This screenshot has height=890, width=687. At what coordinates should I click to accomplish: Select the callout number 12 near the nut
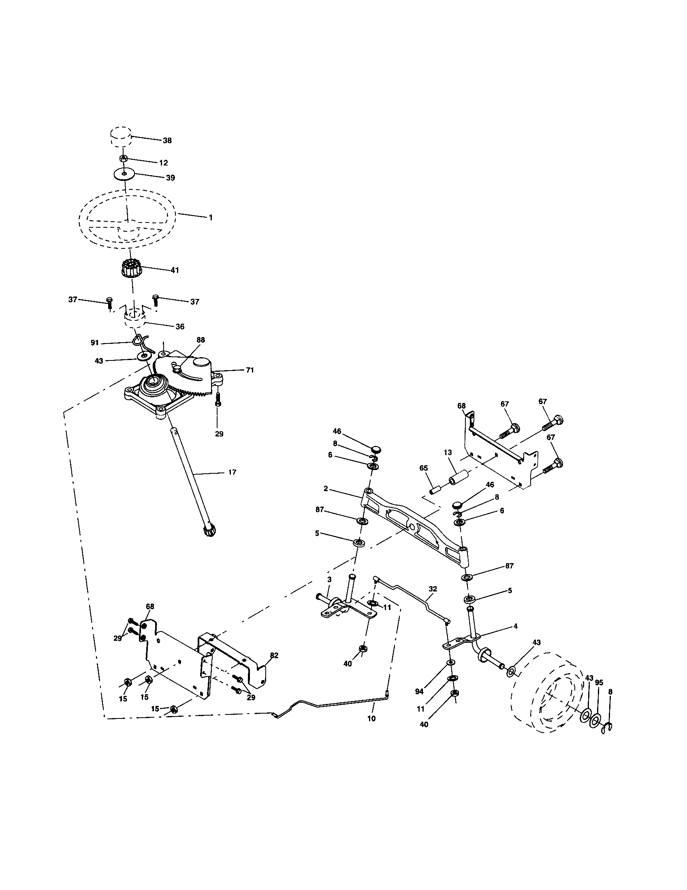(163, 163)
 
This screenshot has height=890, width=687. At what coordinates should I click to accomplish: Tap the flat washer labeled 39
(124, 174)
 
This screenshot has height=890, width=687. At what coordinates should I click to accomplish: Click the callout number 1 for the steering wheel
(211, 218)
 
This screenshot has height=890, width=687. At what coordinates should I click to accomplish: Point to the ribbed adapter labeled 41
(130, 269)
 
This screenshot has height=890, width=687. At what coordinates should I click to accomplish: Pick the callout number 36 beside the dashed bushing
(179, 326)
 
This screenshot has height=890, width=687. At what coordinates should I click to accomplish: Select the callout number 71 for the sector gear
(250, 370)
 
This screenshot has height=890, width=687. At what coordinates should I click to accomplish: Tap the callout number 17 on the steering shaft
(232, 473)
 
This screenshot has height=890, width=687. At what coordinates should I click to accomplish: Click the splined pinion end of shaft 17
(210, 531)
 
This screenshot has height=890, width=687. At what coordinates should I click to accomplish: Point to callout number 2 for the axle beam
(326, 488)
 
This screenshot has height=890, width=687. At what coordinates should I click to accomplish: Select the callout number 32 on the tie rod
(433, 589)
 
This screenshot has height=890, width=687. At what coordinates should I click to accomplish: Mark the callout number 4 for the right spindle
(515, 626)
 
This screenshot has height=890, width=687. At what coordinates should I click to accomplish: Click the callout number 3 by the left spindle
(329, 579)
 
